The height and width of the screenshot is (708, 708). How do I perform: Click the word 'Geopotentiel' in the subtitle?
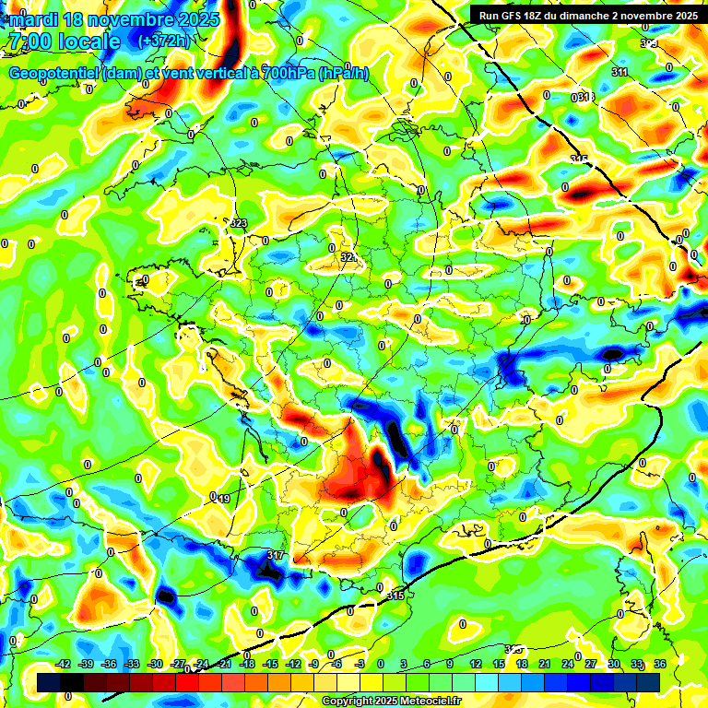[x=53, y=74]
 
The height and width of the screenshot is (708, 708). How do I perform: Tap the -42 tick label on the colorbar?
[x=64, y=665]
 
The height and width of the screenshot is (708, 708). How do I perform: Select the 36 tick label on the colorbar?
[x=660, y=665]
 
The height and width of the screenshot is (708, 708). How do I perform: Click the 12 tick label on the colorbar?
[x=476, y=665]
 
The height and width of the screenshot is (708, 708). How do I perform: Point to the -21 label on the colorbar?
[x=225, y=665]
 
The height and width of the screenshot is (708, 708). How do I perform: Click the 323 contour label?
[x=239, y=224]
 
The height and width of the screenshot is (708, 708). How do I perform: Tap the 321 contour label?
[x=348, y=257]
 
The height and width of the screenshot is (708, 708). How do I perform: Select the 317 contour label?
[x=275, y=555]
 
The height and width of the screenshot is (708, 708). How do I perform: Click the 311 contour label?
[x=619, y=72]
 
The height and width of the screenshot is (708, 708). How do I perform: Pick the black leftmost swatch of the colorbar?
[x=49, y=681]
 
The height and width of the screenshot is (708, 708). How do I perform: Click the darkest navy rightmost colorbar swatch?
[x=648, y=681]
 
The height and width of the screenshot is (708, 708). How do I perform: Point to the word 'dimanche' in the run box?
[x=620, y=15]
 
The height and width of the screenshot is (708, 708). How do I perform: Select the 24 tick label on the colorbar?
[x=567, y=665]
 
